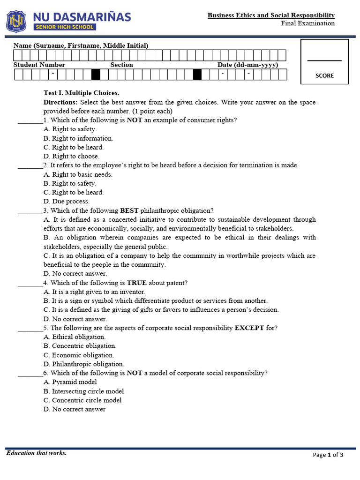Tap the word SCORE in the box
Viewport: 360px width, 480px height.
coord(324,75)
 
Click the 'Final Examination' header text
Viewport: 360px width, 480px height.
coord(307,23)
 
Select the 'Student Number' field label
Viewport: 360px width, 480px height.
coord(39,65)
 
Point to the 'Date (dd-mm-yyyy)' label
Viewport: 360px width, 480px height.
coord(247,65)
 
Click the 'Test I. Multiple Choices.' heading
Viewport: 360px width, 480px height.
coord(82,93)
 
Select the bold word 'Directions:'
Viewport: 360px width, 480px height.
coord(60,102)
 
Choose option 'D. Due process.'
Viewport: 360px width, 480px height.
coord(66,201)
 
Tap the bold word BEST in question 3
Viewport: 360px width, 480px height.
coord(129,210)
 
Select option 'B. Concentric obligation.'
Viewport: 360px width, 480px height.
coord(80,345)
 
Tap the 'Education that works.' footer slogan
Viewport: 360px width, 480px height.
coord(36,453)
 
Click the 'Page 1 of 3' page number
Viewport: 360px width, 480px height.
coord(328,455)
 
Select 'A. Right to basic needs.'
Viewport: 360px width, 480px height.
coord(78,174)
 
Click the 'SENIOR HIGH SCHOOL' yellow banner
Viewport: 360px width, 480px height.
coord(65,27)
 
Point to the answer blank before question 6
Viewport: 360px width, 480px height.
coord(30,374)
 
